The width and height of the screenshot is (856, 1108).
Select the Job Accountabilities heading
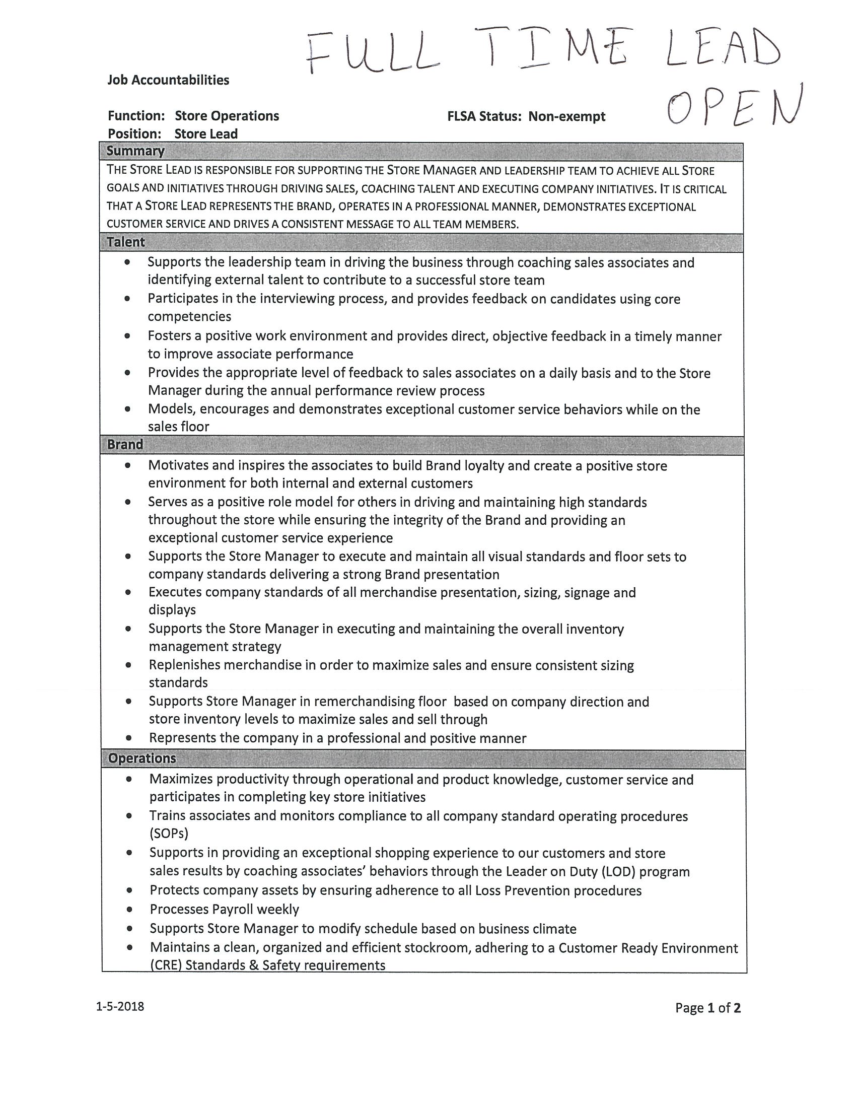168,80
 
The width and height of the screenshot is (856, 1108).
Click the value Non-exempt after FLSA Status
566,117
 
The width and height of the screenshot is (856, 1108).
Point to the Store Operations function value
227,116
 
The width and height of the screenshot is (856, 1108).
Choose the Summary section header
135,151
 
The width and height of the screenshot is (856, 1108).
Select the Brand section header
125,444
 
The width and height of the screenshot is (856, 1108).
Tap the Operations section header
142,758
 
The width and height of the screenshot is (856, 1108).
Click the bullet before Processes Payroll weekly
130,909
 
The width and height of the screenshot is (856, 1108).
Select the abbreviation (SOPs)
169,833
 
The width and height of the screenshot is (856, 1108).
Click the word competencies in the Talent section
189,317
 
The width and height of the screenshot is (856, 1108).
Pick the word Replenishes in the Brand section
185,665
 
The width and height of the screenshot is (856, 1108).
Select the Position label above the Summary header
134,134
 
